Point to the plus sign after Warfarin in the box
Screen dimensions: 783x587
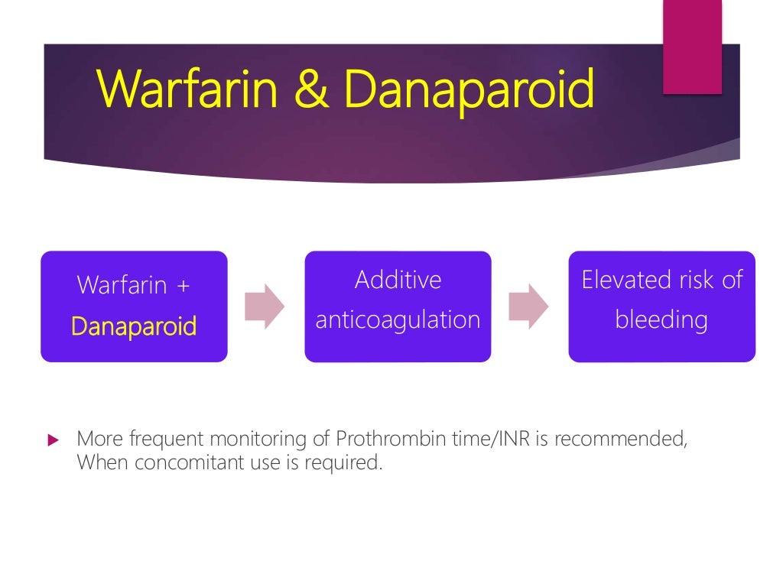183,286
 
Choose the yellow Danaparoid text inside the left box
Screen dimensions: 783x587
134,326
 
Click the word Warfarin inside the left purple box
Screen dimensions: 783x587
122,286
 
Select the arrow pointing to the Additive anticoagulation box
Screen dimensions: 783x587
265,306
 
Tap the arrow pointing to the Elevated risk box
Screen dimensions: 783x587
528,306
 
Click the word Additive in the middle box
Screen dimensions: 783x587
398,280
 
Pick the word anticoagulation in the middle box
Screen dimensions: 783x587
398,319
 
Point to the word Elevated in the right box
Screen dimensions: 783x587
619,280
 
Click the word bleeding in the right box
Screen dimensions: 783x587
661,319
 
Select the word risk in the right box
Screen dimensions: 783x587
694,280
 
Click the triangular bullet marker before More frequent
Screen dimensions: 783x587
53,440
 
